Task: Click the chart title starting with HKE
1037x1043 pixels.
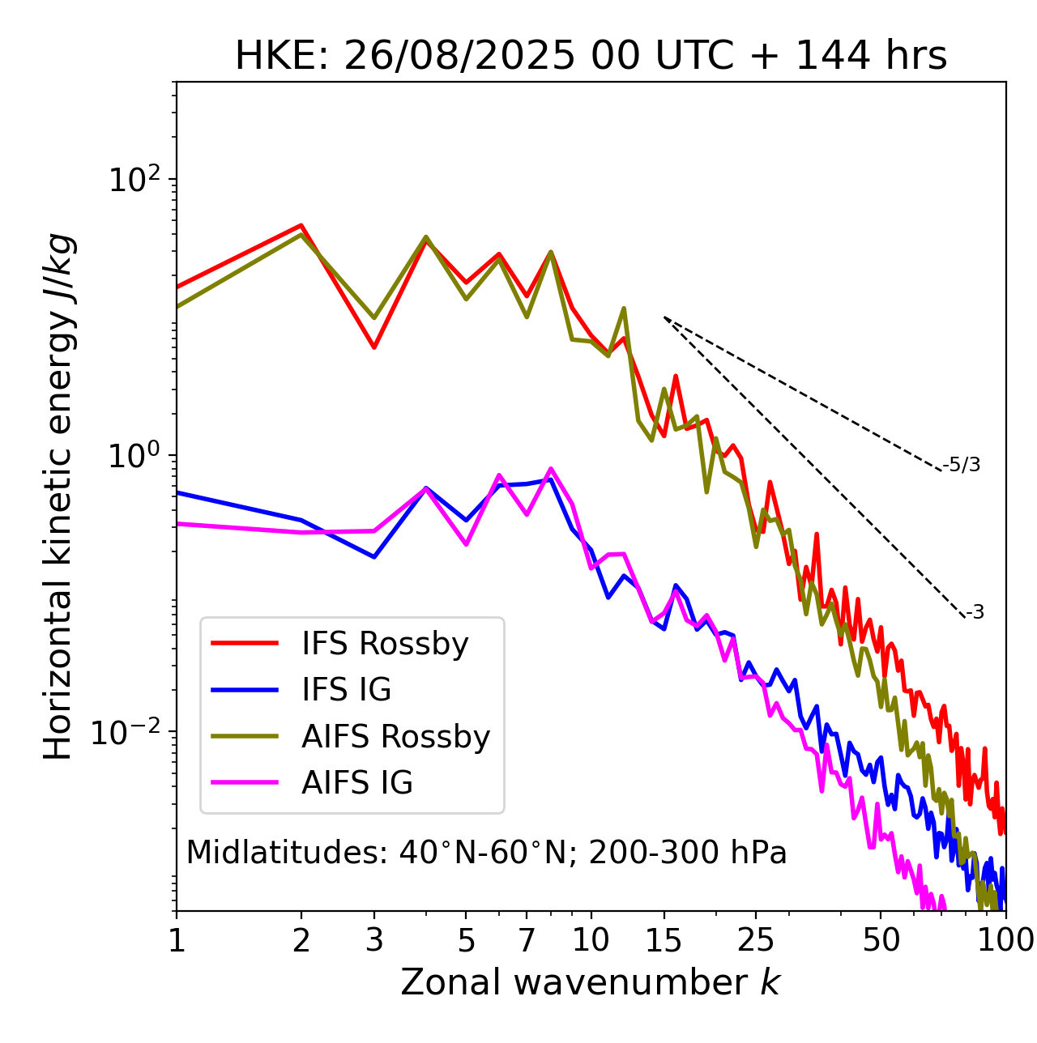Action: coord(591,57)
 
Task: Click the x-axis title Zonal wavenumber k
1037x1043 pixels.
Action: coord(591,981)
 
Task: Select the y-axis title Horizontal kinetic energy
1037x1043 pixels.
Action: coord(58,496)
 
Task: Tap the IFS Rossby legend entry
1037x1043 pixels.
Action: coord(385,644)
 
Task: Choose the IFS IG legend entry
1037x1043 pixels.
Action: coord(346,690)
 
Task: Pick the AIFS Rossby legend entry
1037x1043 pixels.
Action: coord(395,737)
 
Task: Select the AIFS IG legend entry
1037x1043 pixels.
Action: coord(357,783)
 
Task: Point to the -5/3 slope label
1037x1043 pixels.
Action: coord(962,465)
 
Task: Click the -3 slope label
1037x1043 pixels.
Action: coord(975,613)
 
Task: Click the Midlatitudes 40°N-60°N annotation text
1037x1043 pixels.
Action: coord(486,853)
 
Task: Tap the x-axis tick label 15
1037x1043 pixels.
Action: coord(664,940)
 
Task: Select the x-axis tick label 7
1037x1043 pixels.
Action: coord(527,940)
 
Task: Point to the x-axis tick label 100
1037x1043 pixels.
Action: coord(1005,940)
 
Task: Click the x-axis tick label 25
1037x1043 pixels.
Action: coord(756,940)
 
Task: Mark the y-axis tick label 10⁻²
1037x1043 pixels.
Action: coord(130,731)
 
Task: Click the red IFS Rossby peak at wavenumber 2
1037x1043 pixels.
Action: coord(301,225)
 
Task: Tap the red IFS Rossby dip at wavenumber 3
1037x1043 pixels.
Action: coord(374,347)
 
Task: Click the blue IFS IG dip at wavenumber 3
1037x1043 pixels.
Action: coord(374,557)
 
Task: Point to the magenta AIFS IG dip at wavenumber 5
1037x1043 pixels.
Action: coord(466,544)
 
